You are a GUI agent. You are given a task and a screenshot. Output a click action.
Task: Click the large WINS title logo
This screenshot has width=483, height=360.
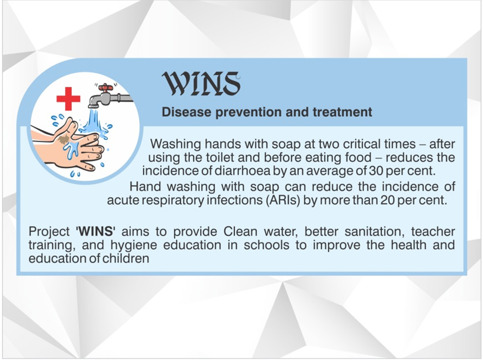[201, 83]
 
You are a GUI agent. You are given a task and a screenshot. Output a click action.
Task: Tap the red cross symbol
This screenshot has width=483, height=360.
[68, 98]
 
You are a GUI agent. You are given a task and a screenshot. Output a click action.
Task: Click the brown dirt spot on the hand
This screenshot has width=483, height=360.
[63, 139]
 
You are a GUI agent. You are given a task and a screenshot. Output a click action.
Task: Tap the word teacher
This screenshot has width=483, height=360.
[433, 231]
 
